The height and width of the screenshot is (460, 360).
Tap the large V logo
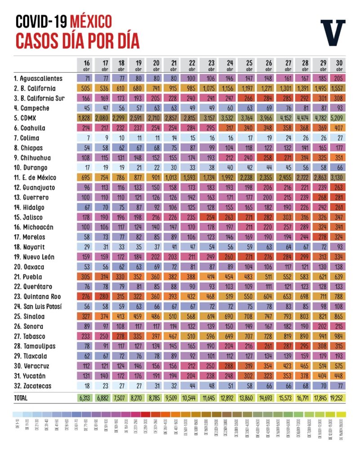click(333, 32)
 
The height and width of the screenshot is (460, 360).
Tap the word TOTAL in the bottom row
click(21, 398)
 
